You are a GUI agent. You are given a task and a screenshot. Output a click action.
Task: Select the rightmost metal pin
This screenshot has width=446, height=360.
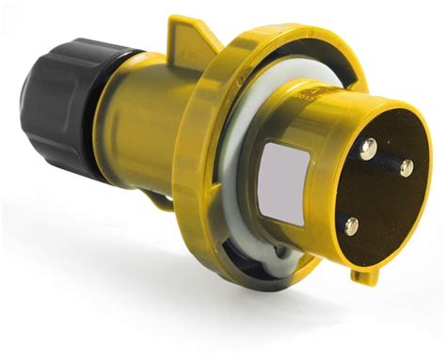point(406,168)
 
